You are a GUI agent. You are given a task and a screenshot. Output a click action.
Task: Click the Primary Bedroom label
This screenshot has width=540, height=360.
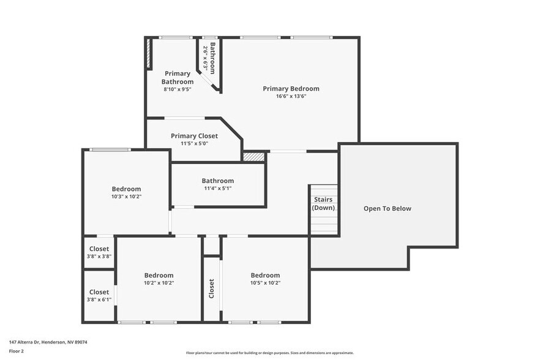(291, 89)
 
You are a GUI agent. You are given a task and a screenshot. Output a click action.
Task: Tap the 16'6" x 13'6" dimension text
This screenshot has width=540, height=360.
(291, 96)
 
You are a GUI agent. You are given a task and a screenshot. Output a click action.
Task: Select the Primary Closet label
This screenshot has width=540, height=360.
(193, 136)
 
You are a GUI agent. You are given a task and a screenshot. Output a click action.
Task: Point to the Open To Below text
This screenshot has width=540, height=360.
(388, 208)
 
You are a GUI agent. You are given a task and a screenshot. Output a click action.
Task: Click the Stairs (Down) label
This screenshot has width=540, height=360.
(323, 204)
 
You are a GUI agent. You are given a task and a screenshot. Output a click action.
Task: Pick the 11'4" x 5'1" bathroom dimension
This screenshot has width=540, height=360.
(217, 188)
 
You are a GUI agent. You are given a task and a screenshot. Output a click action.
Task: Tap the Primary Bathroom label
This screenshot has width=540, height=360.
(178, 78)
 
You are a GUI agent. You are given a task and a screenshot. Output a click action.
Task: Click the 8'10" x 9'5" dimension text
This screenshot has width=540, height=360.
(178, 89)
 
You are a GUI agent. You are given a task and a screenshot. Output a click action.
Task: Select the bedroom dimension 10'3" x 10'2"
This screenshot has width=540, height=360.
(126, 197)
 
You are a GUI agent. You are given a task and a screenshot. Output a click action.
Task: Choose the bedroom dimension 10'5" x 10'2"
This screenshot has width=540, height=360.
(265, 283)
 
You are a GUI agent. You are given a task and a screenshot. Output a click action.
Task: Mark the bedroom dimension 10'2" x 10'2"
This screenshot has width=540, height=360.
(159, 283)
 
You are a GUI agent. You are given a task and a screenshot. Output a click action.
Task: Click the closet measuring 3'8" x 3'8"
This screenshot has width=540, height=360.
(99, 252)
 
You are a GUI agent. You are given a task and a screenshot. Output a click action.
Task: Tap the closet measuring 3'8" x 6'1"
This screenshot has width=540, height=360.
(99, 296)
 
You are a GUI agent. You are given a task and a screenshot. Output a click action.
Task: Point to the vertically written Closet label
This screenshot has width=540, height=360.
(212, 289)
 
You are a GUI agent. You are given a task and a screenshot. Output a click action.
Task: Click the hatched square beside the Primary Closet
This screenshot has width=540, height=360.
(253, 157)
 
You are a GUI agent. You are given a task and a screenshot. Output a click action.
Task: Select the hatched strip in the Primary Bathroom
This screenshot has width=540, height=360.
(148, 54)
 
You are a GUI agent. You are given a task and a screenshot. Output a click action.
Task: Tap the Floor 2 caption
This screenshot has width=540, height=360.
(17, 351)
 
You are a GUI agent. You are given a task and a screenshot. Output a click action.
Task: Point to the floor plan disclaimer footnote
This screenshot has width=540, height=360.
(269, 353)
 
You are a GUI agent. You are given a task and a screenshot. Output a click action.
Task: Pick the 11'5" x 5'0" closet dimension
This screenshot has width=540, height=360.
(193, 143)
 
